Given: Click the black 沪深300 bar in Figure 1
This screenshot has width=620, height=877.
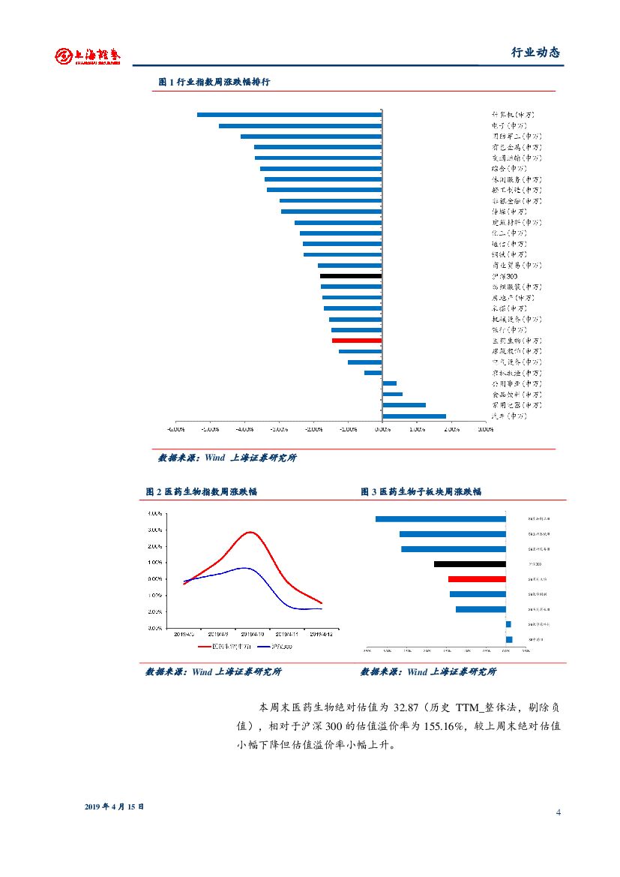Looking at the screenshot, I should click(351, 276).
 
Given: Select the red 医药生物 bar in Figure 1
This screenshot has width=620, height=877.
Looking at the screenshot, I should click(357, 341).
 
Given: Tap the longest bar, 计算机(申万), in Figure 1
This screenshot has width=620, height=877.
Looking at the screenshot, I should click(289, 115).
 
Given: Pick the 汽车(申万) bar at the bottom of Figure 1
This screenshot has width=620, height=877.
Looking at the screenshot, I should click(414, 416).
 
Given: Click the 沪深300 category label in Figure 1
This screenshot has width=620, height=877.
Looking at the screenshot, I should click(504, 276).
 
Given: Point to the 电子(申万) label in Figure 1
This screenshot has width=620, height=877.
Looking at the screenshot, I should click(509, 125).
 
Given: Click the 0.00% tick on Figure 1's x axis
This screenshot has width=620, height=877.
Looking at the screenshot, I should click(382, 430).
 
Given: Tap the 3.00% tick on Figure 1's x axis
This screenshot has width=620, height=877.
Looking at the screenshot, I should click(485, 430).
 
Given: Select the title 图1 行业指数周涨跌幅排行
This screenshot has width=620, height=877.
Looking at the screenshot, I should click(214, 82).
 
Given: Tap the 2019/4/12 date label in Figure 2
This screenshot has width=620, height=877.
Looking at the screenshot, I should click(321, 634).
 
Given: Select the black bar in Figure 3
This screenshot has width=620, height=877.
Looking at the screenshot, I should click(470, 564).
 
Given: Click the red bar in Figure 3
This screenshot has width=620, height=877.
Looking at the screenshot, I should click(477, 579).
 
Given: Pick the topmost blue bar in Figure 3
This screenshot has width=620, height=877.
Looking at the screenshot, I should click(441, 518).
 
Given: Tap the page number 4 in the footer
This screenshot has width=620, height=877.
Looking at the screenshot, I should click(559, 812).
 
